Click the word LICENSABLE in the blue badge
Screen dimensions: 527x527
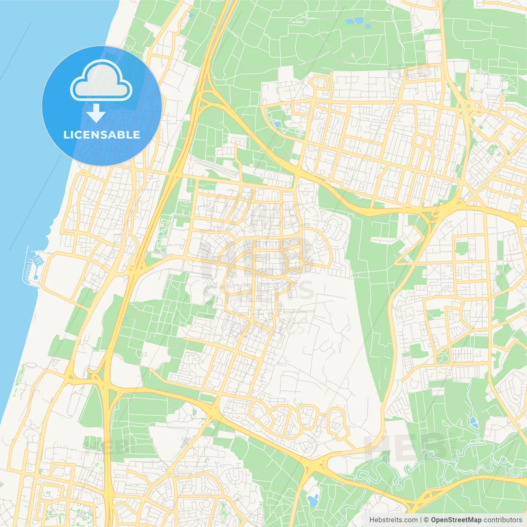[102, 135]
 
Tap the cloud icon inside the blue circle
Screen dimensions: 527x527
[101, 80]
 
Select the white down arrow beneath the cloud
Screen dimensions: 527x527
[96, 113]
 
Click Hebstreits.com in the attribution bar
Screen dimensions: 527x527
[393, 520]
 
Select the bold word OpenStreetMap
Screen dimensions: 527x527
[456, 520]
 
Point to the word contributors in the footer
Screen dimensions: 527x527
[503, 520]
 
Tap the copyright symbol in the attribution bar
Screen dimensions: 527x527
[427, 520]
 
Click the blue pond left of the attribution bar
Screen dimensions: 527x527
[312, 501]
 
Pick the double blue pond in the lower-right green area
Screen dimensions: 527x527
[473, 422]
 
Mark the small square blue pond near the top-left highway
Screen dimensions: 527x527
[191, 15]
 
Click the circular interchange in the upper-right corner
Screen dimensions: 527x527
[469, 108]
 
